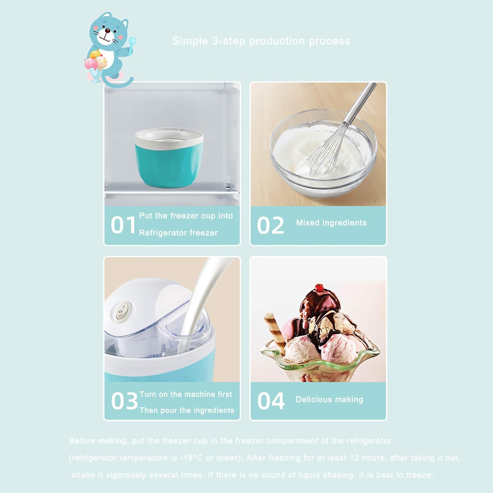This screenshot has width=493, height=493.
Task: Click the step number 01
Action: point(123,225)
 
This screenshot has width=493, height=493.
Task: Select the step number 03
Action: point(124,401)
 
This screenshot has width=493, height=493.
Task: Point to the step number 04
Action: point(270,401)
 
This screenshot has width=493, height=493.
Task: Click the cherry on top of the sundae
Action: point(319,288)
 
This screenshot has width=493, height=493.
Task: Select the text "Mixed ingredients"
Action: point(331,223)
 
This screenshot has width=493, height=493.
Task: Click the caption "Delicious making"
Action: point(329,399)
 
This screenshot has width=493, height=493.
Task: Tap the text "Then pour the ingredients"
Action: point(187,410)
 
